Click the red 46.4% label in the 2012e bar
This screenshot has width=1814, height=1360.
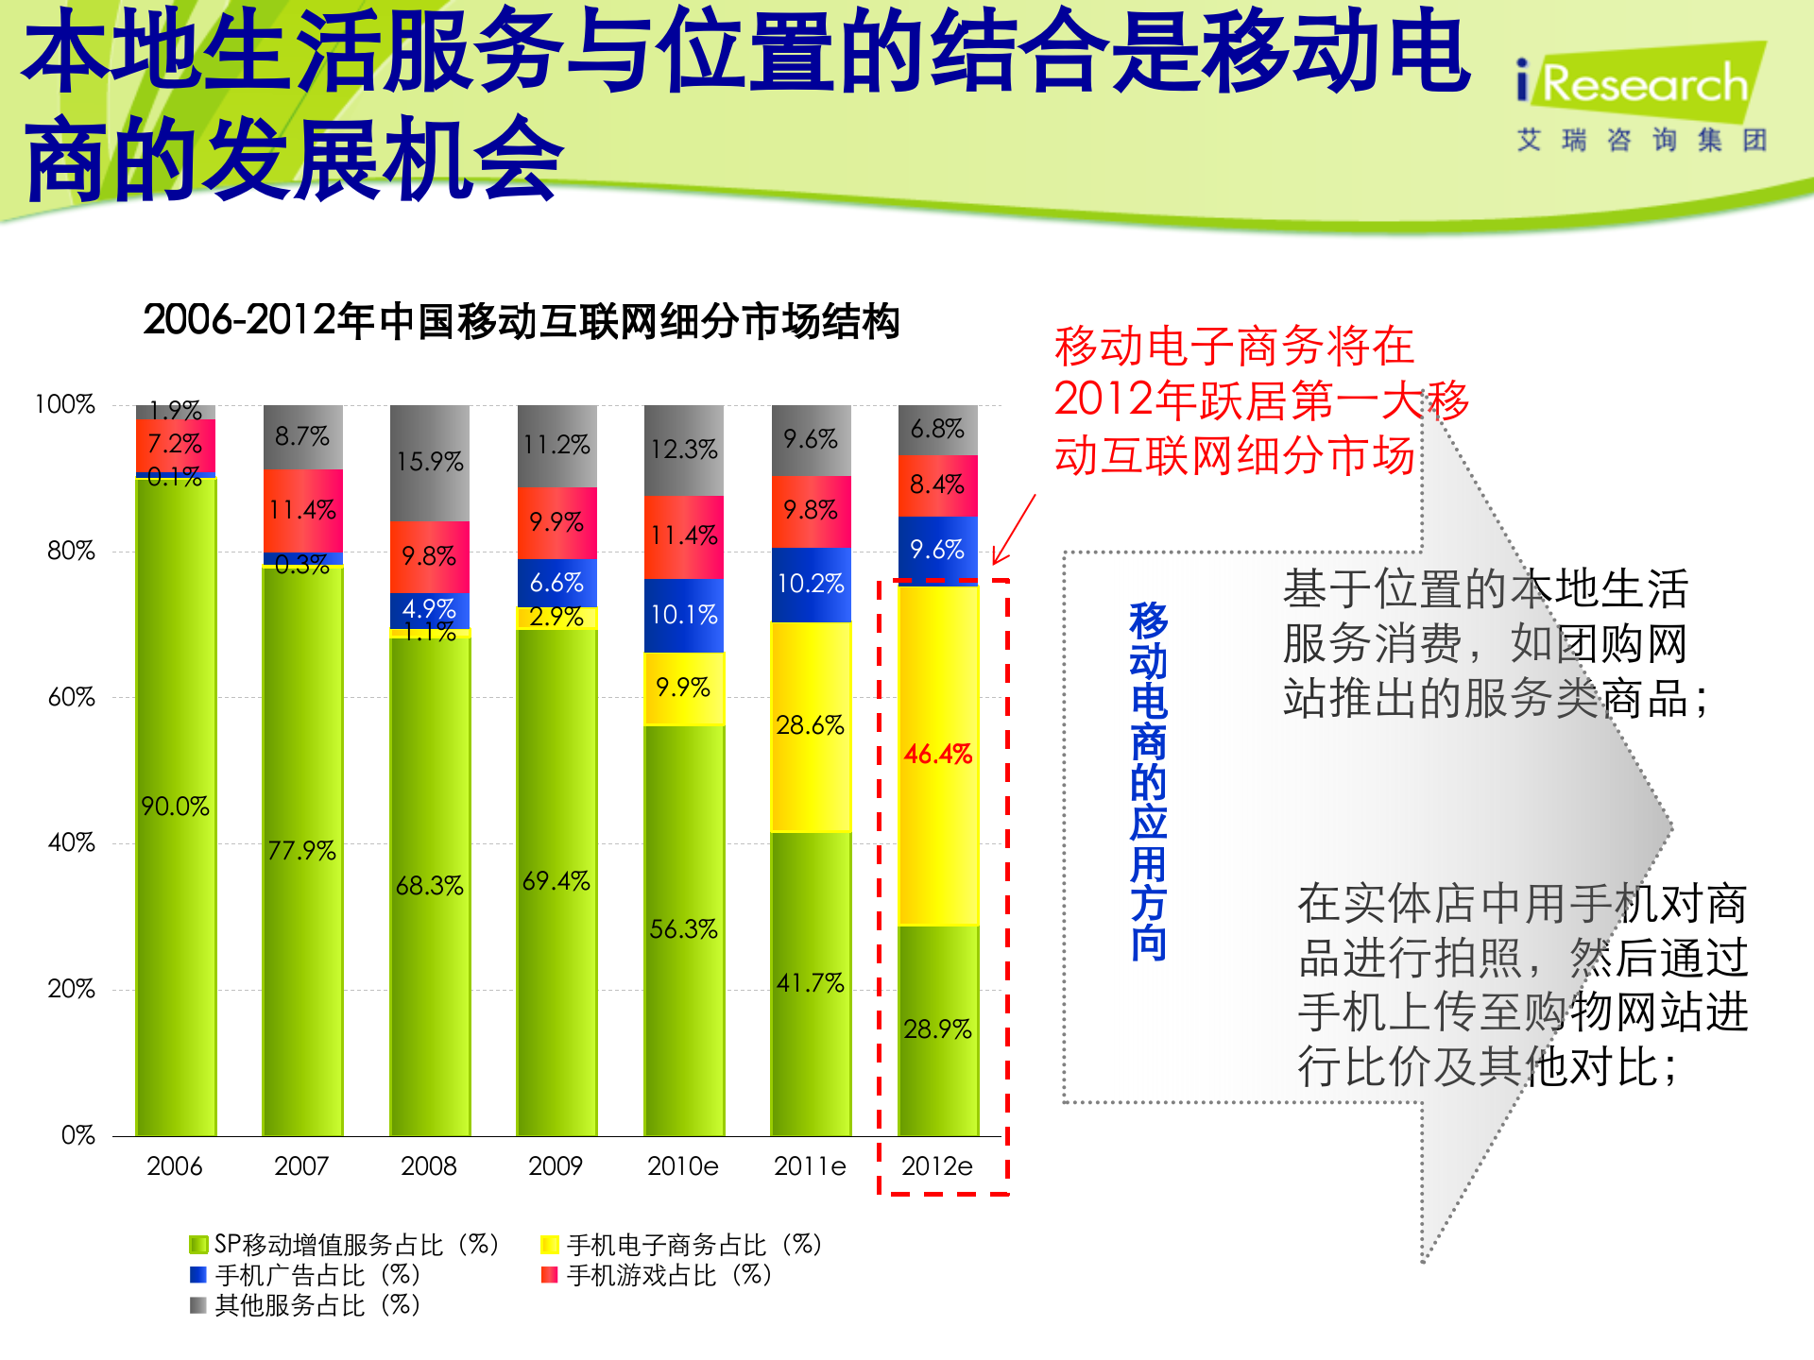pos(937,755)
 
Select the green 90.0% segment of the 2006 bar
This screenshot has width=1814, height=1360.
pos(176,806)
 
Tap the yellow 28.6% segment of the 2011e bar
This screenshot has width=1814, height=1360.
pos(811,725)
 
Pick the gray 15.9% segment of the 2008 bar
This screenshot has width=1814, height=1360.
pos(429,462)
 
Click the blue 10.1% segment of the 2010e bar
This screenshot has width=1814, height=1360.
pos(684,615)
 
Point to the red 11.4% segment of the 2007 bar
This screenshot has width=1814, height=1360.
pos(302,510)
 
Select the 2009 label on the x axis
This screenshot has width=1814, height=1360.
pos(556,1166)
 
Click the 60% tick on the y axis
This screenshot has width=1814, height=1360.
pos(72,698)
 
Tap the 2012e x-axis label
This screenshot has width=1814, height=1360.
pos(937,1166)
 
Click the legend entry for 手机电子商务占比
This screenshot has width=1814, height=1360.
pos(681,1245)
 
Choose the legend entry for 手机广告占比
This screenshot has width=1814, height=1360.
pos(305,1276)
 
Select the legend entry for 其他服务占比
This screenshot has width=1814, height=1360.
pos(305,1306)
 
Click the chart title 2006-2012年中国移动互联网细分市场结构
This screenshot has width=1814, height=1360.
pos(522,321)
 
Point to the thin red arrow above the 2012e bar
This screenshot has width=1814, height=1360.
pos(1015,530)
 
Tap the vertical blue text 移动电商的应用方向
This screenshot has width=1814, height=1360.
pos(1149,782)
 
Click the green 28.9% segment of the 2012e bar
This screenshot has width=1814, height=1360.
pos(937,1029)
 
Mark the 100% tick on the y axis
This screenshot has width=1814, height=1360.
pos(65,404)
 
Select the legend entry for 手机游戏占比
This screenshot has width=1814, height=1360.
pos(658,1276)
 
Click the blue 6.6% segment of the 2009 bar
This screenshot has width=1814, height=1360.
pos(556,583)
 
